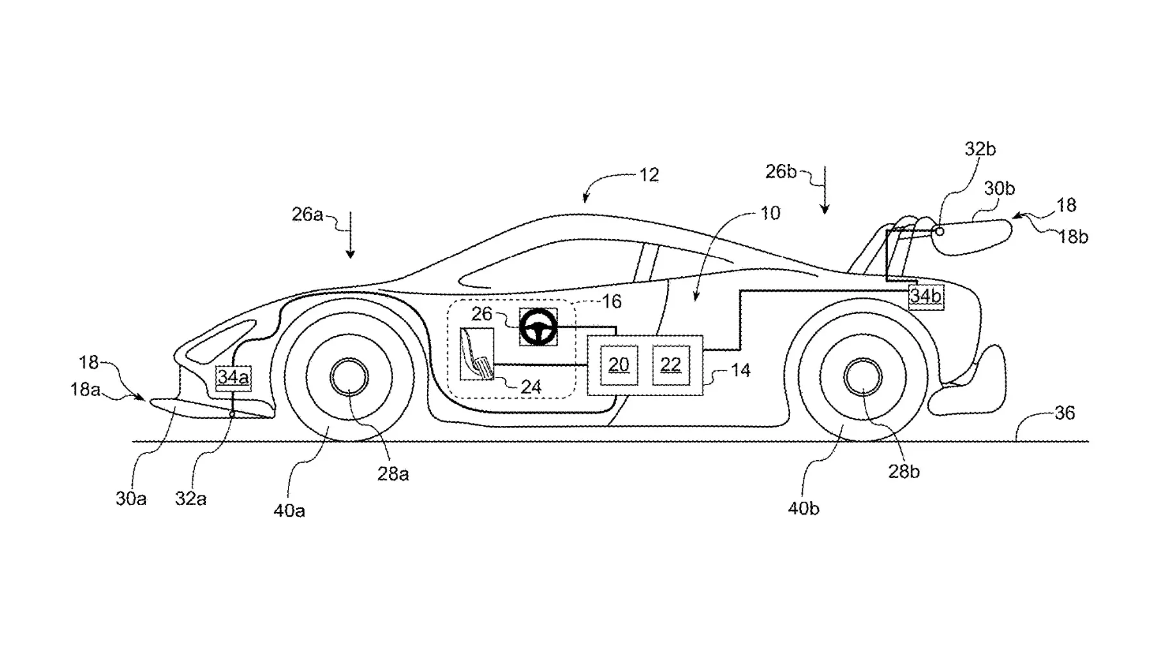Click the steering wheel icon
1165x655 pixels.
[x=538, y=327]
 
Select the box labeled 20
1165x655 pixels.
[x=619, y=365]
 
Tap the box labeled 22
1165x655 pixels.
[x=671, y=365]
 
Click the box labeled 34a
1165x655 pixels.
[x=233, y=377]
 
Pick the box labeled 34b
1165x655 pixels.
[x=926, y=296]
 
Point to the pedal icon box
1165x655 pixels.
[x=477, y=354]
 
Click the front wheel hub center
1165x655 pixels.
[x=349, y=377]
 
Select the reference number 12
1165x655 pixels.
[x=649, y=175]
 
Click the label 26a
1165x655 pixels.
[x=307, y=214]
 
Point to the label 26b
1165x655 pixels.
[x=781, y=172]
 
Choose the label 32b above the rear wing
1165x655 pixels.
[x=980, y=149]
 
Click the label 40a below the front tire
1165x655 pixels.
[x=289, y=511]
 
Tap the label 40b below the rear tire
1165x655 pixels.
[x=803, y=508]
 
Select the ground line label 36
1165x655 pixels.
[x=1064, y=413]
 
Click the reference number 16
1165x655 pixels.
[x=612, y=301]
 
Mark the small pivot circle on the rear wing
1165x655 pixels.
[x=939, y=231]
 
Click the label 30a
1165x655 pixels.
[x=131, y=499]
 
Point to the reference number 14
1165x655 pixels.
[x=741, y=370]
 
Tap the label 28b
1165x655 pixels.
[x=904, y=472]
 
